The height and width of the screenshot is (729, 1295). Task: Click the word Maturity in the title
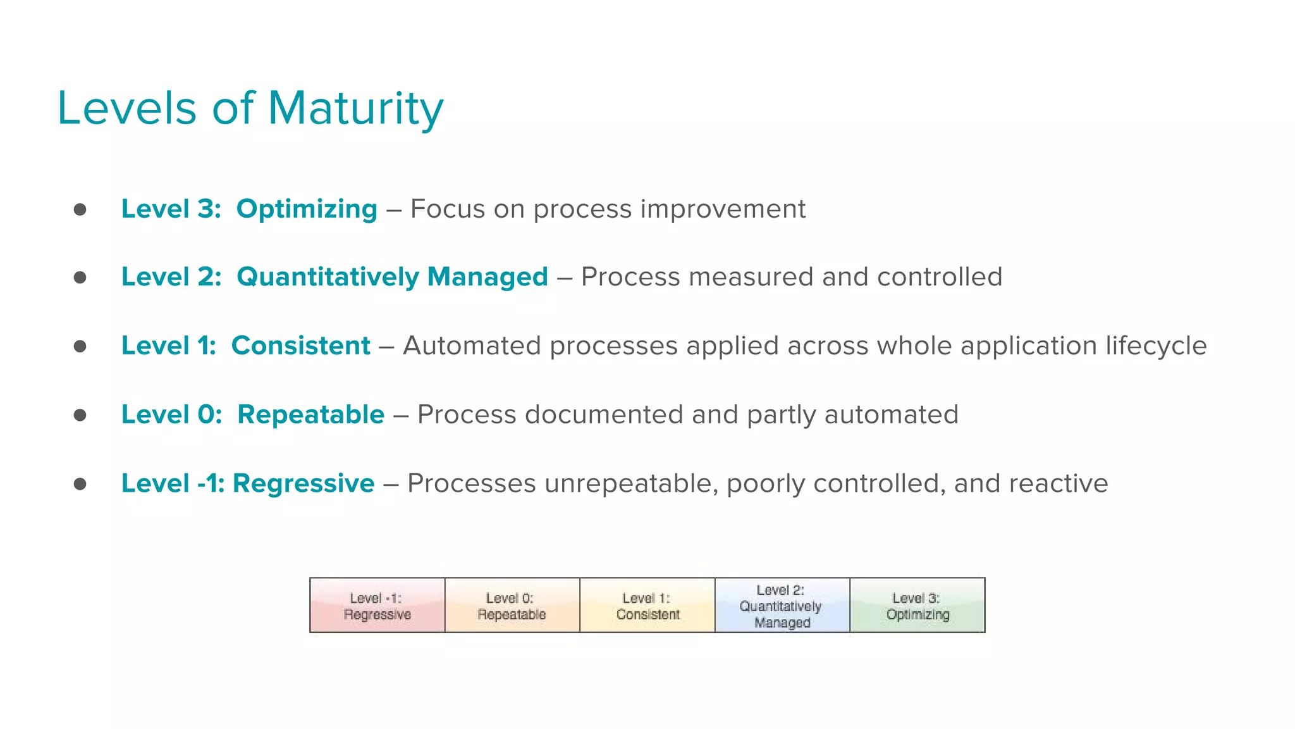(x=355, y=109)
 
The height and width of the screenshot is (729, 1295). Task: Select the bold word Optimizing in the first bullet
(x=307, y=209)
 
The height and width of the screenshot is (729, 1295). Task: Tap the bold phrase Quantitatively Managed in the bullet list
(x=392, y=277)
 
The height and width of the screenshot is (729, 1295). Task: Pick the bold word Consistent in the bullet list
(x=300, y=346)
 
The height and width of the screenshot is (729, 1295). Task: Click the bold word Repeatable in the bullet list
(x=310, y=415)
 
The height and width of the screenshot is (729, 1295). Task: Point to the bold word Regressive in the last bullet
(x=304, y=483)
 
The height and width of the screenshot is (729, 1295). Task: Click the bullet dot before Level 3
(x=80, y=209)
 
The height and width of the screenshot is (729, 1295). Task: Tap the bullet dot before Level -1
(x=80, y=484)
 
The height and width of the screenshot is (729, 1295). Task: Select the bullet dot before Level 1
(x=80, y=346)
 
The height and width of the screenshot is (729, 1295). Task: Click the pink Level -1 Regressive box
(x=377, y=606)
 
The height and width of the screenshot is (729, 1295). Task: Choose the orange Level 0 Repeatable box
(x=512, y=606)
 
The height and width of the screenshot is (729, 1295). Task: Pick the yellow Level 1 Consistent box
(x=647, y=606)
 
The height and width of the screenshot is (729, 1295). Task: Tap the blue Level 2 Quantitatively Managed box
(x=782, y=606)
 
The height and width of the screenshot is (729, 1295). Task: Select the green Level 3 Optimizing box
(x=918, y=606)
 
